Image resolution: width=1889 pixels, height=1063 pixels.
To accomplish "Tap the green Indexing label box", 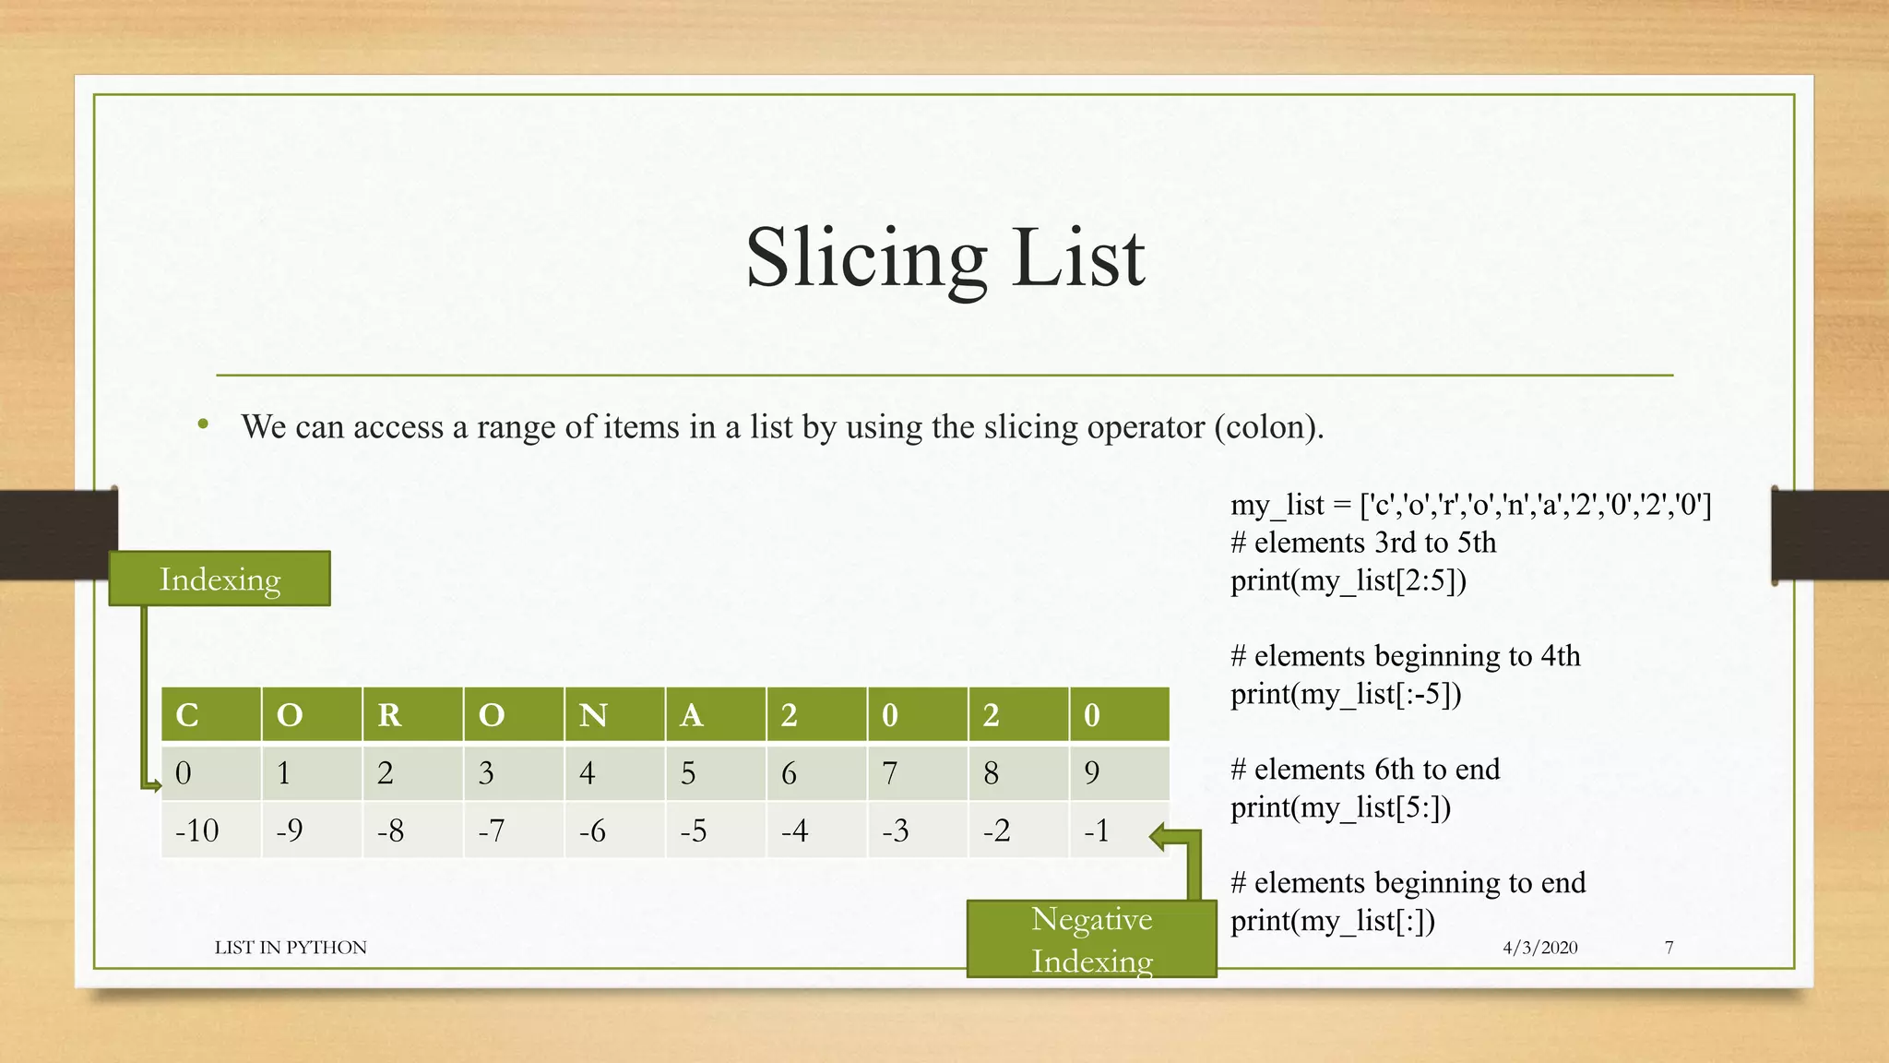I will pos(220,579).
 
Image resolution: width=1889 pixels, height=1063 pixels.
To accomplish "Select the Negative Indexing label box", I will pos(1091,939).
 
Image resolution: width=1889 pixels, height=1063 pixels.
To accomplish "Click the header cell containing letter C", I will pos(210,714).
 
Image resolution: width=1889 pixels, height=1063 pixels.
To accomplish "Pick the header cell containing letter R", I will pos(412,714).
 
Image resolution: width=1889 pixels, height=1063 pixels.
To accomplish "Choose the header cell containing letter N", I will pos(614,714).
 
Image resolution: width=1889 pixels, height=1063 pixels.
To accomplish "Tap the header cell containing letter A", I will pos(715,714).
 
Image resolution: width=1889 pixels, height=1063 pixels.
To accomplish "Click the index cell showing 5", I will pos(715,772).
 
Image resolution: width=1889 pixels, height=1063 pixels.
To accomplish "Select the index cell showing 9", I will pos(1119,772).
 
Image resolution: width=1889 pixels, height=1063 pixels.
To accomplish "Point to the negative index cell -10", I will pos(210,830).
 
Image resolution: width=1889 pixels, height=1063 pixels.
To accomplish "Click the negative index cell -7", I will pos(513,830).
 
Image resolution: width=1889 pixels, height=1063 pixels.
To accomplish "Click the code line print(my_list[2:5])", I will pos(1348,580).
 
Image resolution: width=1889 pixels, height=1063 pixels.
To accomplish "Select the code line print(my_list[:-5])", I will pos(1346,694).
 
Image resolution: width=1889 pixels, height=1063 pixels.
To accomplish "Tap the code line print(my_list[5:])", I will pos(1340,807).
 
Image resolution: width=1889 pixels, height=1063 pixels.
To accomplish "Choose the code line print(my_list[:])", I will pos(1332,921).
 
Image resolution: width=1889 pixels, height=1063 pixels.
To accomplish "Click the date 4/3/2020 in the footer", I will pos(1539,948).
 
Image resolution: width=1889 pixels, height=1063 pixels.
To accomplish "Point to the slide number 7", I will pos(1669,948).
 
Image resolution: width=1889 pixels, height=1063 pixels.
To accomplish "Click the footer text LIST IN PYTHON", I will pos(291,948).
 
